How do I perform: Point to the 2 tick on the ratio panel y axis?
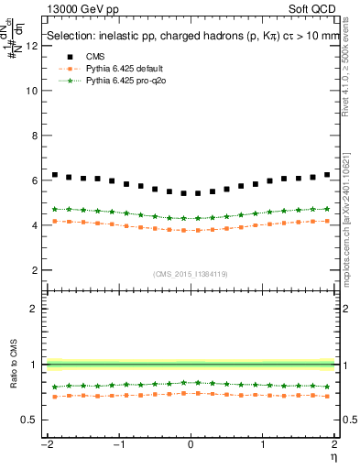[x=37, y=309]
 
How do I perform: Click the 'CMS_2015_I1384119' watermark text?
[x=191, y=274]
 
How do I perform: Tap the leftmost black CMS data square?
[x=55, y=175]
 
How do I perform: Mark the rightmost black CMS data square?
[x=327, y=175]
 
